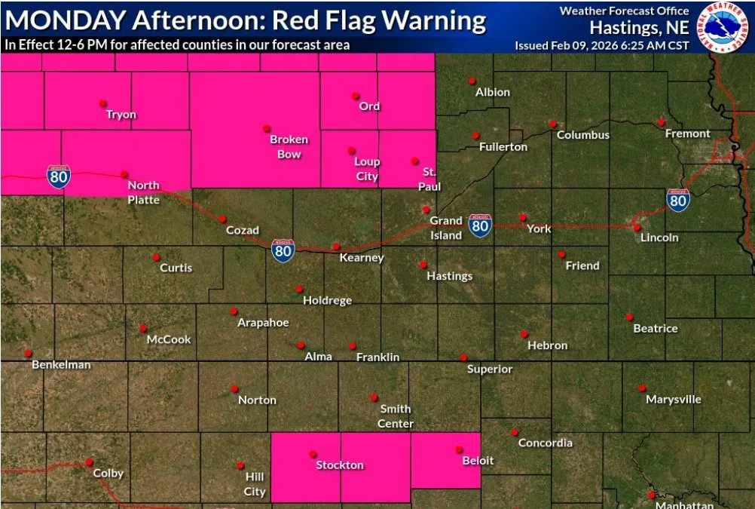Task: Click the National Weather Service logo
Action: click(x=725, y=27)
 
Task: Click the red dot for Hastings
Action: click(x=423, y=265)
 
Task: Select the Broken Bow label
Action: click(x=289, y=146)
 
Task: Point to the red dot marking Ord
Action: click(x=356, y=96)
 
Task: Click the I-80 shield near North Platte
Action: click(x=58, y=176)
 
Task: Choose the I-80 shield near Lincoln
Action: click(x=678, y=201)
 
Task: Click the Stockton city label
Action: click(x=340, y=465)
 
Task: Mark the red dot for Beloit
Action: click(x=458, y=449)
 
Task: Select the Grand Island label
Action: click(x=446, y=228)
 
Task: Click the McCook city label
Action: click(x=169, y=339)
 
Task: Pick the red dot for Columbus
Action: click(x=552, y=124)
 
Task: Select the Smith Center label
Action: click(x=396, y=416)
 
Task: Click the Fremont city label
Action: click(x=687, y=133)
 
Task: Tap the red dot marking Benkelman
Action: click(x=28, y=353)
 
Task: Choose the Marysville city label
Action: click(x=674, y=400)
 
